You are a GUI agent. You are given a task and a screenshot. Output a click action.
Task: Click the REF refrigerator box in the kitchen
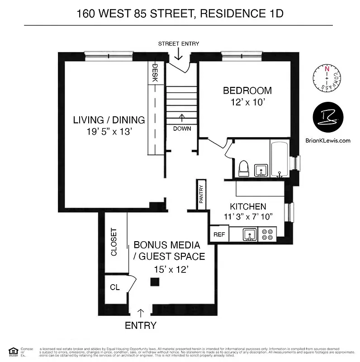coord(219,234)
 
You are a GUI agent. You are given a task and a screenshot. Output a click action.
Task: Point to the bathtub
coord(281,158)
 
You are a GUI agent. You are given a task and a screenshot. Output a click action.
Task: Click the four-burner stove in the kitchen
coord(267,234)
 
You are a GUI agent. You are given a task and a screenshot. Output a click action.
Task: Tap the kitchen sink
coord(248,234)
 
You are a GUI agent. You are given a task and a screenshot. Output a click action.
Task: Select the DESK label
coord(154,72)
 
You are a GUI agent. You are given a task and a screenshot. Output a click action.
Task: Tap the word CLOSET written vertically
coord(114,242)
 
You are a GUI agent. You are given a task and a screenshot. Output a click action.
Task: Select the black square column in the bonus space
coord(155,282)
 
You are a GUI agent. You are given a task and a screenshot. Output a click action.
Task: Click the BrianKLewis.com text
coord(328,141)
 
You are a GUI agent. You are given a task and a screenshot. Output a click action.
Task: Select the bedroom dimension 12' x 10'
coord(247,103)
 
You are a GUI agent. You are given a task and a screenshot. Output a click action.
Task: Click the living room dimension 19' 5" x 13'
coord(109,132)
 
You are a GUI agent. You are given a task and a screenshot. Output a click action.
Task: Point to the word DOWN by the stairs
coord(182,129)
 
